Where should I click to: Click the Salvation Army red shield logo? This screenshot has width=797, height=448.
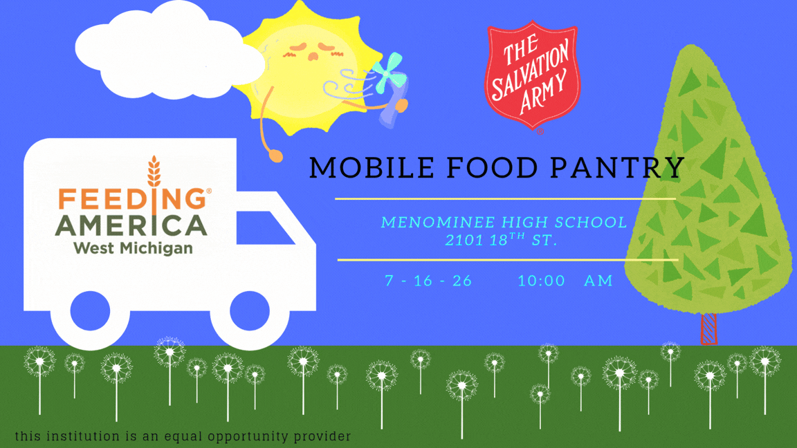[532, 75]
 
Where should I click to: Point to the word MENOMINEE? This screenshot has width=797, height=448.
[438, 223]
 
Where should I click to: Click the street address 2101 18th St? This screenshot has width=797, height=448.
[501, 239]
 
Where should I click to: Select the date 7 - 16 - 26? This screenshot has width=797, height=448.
[428, 281]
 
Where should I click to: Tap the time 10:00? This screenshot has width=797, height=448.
[541, 281]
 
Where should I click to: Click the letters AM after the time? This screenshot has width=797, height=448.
[598, 281]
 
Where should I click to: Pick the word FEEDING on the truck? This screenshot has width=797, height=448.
[132, 198]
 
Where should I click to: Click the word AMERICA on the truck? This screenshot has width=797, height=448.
[131, 226]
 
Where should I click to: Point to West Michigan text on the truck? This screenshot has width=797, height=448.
[133, 248]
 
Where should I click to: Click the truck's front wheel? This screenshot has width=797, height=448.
[250, 311]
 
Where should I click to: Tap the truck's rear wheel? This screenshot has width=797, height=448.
[90, 311]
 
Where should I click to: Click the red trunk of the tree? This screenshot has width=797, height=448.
[708, 328]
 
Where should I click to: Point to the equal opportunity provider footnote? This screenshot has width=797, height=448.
[183, 436]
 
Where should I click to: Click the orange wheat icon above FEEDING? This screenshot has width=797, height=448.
[154, 171]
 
